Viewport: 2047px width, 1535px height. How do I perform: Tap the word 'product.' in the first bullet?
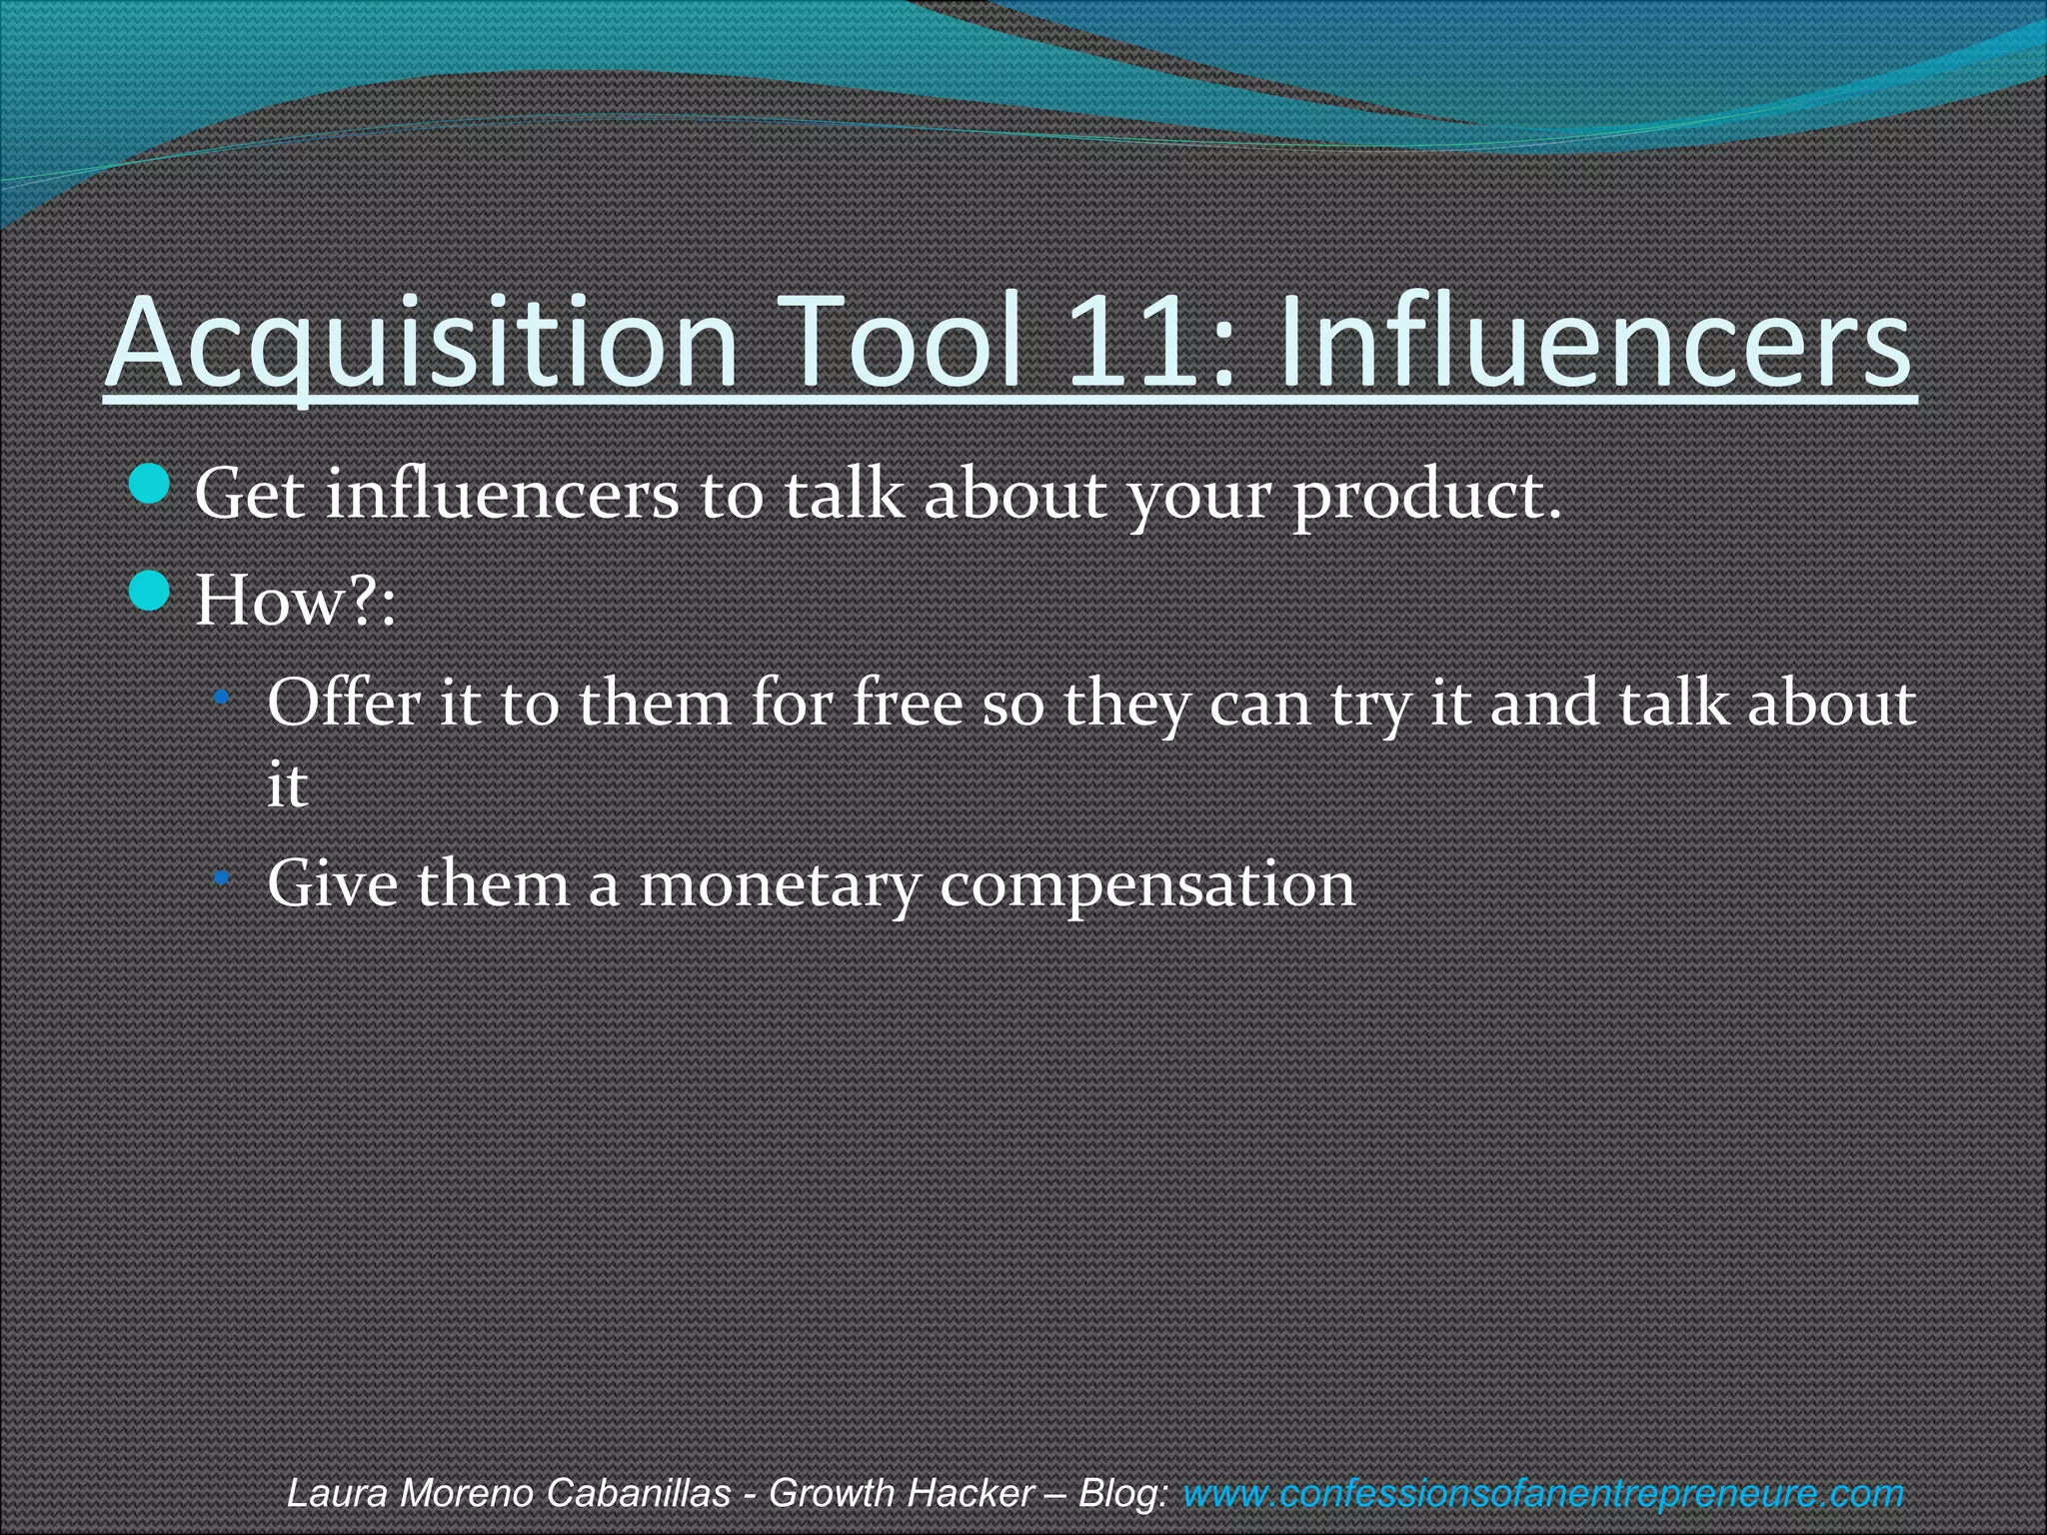coord(1426,497)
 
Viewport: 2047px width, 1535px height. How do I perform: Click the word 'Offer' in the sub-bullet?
coord(344,703)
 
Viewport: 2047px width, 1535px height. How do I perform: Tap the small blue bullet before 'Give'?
coord(223,877)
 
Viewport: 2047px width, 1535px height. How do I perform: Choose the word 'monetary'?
coord(779,885)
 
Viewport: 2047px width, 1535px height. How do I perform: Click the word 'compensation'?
coord(1146,885)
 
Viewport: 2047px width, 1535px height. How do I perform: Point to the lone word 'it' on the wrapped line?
coord(287,785)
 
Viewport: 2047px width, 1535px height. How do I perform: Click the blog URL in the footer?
coord(1543,1493)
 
